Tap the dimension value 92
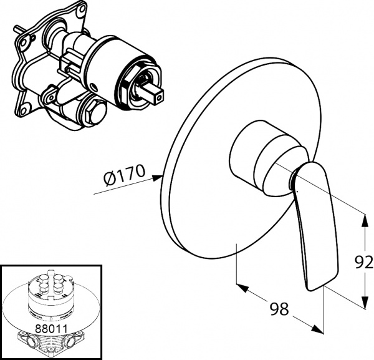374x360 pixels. click(x=364, y=261)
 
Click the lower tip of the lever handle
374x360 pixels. click(x=315, y=285)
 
